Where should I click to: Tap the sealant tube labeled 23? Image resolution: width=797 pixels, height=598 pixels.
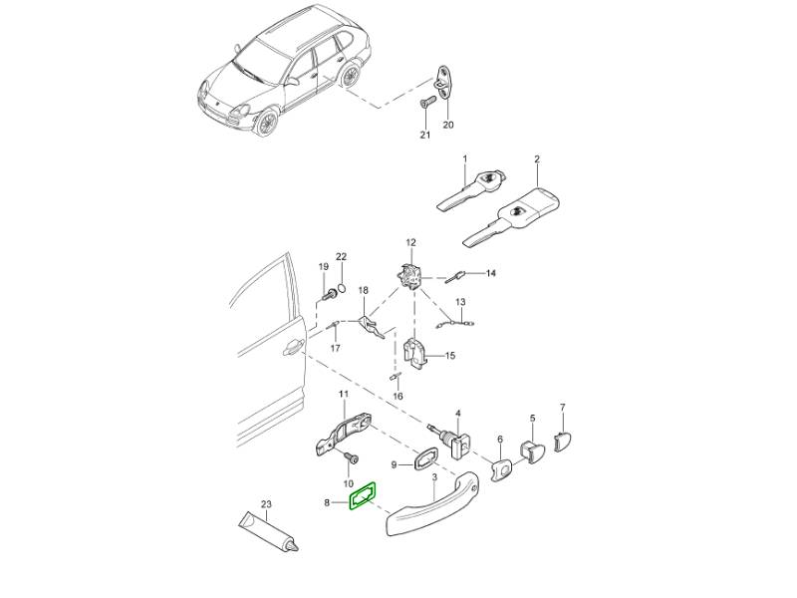pyautogui.click(x=269, y=531)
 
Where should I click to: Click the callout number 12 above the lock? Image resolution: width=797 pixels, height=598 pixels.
pyautogui.click(x=410, y=243)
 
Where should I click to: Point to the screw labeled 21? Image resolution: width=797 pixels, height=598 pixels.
pyautogui.click(x=426, y=104)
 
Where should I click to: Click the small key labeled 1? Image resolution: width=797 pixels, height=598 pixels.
pyautogui.click(x=470, y=190)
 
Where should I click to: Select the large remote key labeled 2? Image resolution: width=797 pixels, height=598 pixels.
pyautogui.click(x=511, y=216)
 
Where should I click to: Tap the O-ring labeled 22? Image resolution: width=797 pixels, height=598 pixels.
pyautogui.click(x=342, y=289)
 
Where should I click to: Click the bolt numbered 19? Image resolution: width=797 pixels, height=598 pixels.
pyautogui.click(x=329, y=294)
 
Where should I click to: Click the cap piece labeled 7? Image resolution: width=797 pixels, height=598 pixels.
pyautogui.click(x=562, y=442)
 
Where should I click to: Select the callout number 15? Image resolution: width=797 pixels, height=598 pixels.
pyautogui.click(x=450, y=356)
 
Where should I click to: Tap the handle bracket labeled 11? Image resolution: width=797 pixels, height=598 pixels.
pyautogui.click(x=344, y=435)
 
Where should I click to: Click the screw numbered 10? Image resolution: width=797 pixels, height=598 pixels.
pyautogui.click(x=352, y=458)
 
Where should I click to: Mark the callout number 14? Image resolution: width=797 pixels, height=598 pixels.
pyautogui.click(x=490, y=273)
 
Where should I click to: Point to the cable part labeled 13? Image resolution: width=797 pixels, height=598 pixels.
pyautogui.click(x=454, y=323)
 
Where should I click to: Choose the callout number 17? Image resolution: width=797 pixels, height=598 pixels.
pyautogui.click(x=335, y=348)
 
